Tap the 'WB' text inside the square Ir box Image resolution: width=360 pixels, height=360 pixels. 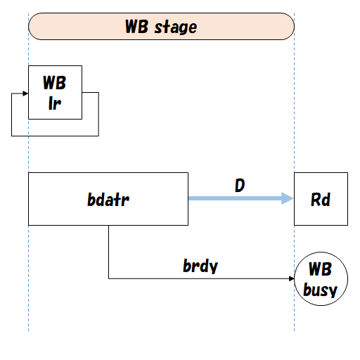[x=55, y=84]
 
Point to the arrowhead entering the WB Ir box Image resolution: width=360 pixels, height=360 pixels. [x=25, y=92]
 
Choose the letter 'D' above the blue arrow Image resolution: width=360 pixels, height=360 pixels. [x=240, y=186]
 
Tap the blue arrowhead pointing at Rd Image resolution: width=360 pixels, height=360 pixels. [x=287, y=199]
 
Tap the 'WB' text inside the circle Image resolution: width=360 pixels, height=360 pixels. [x=321, y=271]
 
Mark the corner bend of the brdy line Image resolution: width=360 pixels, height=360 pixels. [x=109, y=278]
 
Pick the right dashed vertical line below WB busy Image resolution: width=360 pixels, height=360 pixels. [x=294, y=316]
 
